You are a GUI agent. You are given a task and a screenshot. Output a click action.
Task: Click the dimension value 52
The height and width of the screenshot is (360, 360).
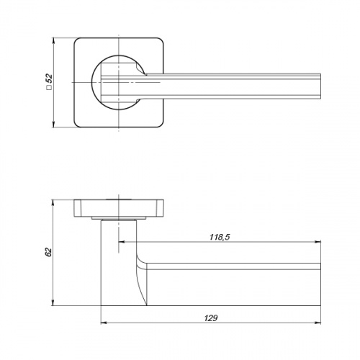pos(49,78)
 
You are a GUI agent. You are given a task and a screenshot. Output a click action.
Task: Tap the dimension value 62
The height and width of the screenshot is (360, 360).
pos(48,252)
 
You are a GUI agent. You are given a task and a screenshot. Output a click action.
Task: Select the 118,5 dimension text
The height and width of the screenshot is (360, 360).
pos(220,237)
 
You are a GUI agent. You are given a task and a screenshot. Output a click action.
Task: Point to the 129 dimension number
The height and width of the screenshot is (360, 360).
pos(211,318)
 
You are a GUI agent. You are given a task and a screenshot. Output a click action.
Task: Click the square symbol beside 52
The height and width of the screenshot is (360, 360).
pos(49,87)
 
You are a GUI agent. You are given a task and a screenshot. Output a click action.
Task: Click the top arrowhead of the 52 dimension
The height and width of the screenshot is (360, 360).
pos(53,41)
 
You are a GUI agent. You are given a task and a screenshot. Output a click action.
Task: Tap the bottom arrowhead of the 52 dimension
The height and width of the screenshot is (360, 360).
pos(53,124)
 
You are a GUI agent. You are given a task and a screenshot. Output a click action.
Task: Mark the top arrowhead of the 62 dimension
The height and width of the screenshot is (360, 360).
pos(53,203)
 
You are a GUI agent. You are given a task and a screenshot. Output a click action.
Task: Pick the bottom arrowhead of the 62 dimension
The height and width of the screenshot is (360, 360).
pos(53,302)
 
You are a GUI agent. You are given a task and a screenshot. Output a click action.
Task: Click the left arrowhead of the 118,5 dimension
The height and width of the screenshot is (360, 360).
pos(122,242)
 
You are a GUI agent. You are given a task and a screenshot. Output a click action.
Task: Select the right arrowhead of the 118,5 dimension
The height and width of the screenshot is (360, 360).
pos(318,242)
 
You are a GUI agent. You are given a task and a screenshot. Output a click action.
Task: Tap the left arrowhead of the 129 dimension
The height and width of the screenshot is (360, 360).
pos(104,323)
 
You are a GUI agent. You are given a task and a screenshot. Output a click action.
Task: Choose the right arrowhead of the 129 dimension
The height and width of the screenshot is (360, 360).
pos(318,323)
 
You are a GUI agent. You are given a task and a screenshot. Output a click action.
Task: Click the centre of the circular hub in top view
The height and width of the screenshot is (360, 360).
pos(119,82)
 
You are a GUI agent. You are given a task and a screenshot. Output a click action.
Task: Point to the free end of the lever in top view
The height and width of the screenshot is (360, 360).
pos(320,86)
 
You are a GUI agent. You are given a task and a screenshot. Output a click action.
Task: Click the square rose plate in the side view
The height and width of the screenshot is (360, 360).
pos(119,208)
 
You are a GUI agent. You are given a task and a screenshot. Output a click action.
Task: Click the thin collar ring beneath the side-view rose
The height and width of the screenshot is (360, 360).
pos(119,218)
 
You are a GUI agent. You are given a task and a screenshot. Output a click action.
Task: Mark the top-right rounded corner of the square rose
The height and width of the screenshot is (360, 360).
pos(161,40)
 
